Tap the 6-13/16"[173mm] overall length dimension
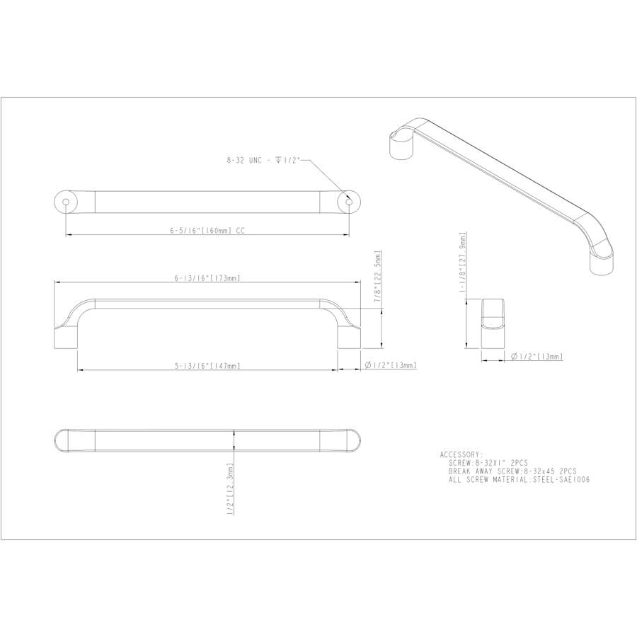click(x=207, y=278)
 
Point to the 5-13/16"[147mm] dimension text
click(x=207, y=366)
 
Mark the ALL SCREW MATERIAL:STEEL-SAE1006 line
click(x=519, y=479)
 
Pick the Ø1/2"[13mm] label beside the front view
click(x=390, y=366)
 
